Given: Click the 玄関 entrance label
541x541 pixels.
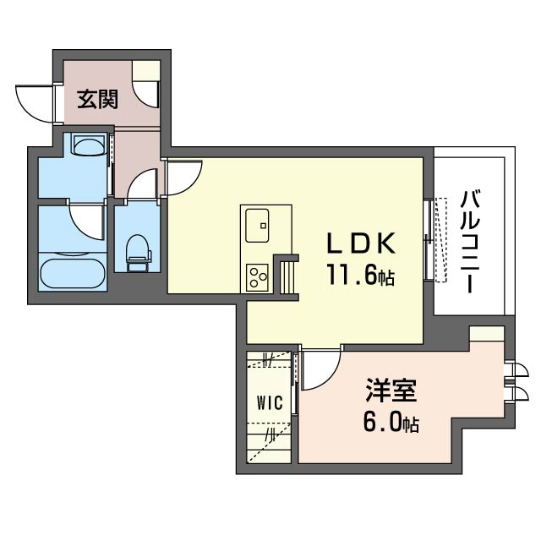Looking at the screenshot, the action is click(98, 100).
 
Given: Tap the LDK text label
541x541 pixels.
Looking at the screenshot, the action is click(361, 243).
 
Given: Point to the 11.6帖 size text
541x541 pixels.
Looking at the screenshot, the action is click(361, 274).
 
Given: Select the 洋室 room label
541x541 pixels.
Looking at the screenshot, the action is click(391, 391).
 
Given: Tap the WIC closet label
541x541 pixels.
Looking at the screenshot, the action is click(270, 402).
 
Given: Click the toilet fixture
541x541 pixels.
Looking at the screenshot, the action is click(139, 253).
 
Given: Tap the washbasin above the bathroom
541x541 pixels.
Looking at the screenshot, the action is click(89, 145).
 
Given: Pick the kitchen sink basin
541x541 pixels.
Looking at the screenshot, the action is click(257, 226).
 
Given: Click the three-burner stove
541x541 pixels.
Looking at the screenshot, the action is click(257, 276).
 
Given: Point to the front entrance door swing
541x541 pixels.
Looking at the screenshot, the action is click(36, 103).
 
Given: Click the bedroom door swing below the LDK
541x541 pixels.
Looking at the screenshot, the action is click(321, 369).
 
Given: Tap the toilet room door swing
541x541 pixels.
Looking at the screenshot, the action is click(142, 184).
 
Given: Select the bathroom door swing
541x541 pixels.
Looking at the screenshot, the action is click(87, 221).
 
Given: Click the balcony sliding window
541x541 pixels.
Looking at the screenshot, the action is click(429, 239).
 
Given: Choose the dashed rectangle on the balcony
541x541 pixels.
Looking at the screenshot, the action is click(440, 240).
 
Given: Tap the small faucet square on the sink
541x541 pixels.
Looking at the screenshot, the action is click(264, 226).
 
